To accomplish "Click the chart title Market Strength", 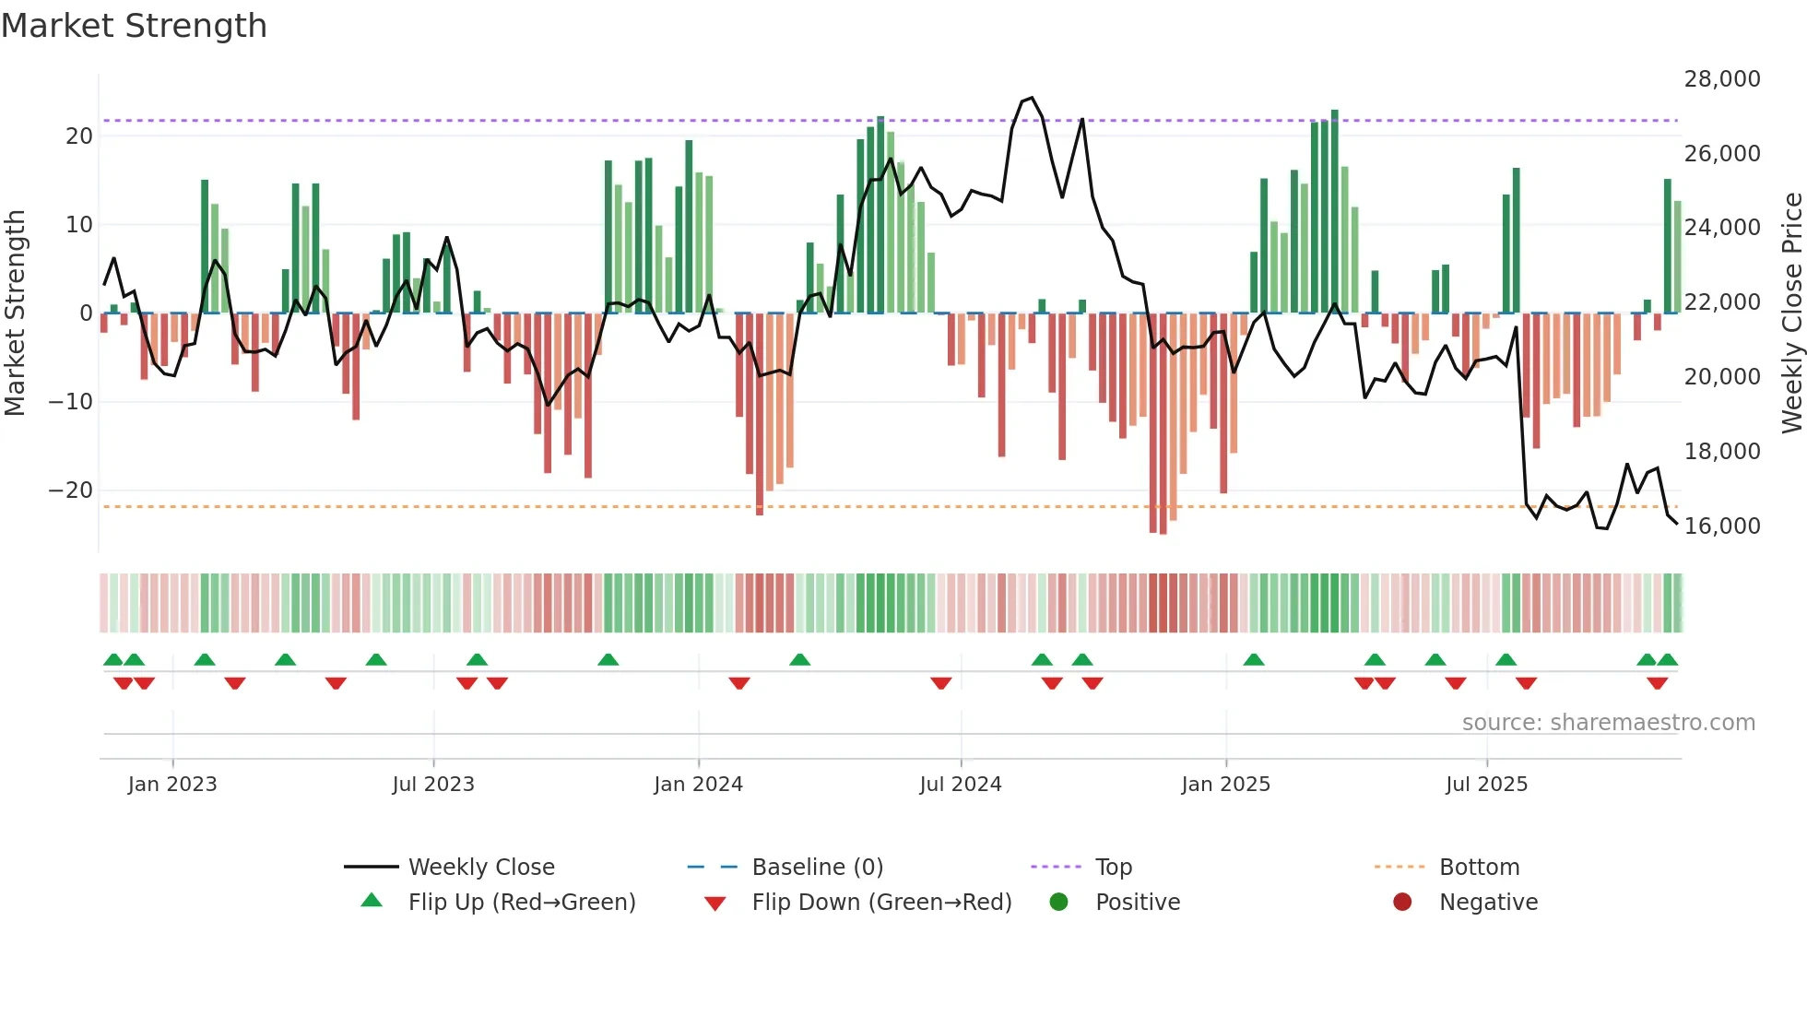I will [134, 26].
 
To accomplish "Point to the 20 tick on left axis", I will [79, 136].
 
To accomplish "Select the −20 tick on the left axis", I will [71, 490].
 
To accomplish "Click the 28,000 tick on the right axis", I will [1721, 79].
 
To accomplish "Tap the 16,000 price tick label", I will [1721, 526].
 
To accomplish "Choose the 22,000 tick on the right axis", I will [1721, 302].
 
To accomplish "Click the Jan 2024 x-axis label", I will [698, 785].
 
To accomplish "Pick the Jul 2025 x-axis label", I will [1486, 785].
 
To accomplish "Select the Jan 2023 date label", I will [172, 785].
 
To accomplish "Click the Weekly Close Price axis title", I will [1791, 313].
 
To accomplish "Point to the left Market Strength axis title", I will [16, 313].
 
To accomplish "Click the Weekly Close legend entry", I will [481, 868].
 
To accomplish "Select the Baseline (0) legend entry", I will [817, 868].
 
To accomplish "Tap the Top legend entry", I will [1113, 868].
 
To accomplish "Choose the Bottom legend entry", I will [1479, 868].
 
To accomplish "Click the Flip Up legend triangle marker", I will [372, 901].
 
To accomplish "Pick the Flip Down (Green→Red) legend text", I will [881, 903].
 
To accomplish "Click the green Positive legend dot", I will [1058, 903].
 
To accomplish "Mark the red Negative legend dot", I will [1402, 903].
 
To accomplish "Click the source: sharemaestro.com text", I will [1608, 723].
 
